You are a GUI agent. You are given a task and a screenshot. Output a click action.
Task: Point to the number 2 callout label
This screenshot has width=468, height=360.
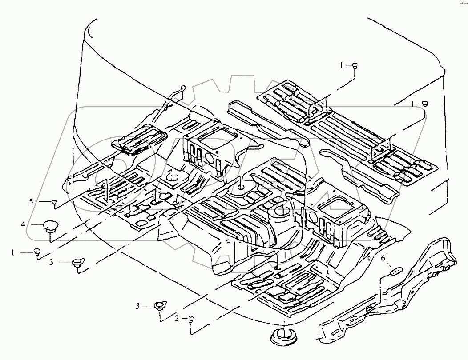click(x=177, y=318)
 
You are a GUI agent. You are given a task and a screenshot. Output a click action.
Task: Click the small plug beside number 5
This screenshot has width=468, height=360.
click(x=55, y=202)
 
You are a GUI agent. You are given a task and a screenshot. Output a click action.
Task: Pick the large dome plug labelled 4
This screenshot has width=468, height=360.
click(x=50, y=226)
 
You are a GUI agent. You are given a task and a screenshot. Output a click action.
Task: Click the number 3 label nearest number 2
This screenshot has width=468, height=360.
click(x=138, y=305)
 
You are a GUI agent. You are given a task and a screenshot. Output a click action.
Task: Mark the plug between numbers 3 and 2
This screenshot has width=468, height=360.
click(x=159, y=306)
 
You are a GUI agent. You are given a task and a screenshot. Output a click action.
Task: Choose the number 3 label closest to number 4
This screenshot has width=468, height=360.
click(x=51, y=262)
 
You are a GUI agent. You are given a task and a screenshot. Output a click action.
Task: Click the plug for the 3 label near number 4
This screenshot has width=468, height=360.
click(x=77, y=261)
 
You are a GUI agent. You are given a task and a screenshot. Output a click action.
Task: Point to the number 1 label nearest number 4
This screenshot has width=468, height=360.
click(x=13, y=252)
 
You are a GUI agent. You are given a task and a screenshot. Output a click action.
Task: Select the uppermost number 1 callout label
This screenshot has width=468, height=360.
click(x=342, y=65)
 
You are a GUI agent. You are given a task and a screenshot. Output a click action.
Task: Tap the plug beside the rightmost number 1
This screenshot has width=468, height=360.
click(x=424, y=103)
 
